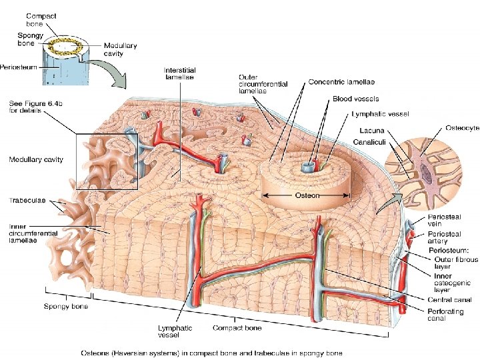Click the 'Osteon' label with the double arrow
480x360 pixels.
tap(307, 195)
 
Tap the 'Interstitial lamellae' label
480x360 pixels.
tap(179, 73)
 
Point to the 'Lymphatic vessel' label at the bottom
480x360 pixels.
tap(175, 331)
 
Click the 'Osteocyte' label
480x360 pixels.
tap(461, 128)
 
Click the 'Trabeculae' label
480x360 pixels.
tap(27, 199)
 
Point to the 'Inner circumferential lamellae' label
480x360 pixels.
tap(28, 233)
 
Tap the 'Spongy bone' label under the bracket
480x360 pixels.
tap(66, 307)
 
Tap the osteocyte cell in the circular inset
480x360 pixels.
tap(425, 172)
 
